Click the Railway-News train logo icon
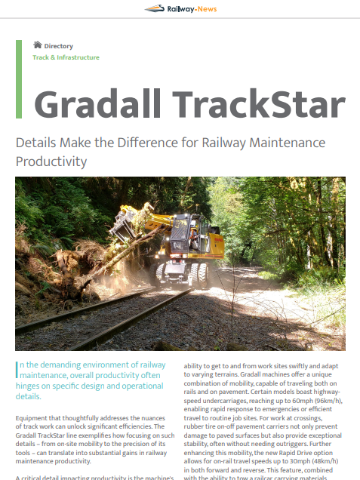[155, 8]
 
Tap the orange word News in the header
[208, 9]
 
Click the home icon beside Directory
[37, 45]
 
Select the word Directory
[58, 46]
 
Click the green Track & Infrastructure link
[66, 57]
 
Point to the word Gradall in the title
[97, 104]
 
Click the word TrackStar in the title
[259, 104]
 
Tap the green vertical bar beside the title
[19, 79]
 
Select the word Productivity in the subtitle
[51, 162]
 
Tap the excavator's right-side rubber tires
[199, 275]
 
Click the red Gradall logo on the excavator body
[219, 240]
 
